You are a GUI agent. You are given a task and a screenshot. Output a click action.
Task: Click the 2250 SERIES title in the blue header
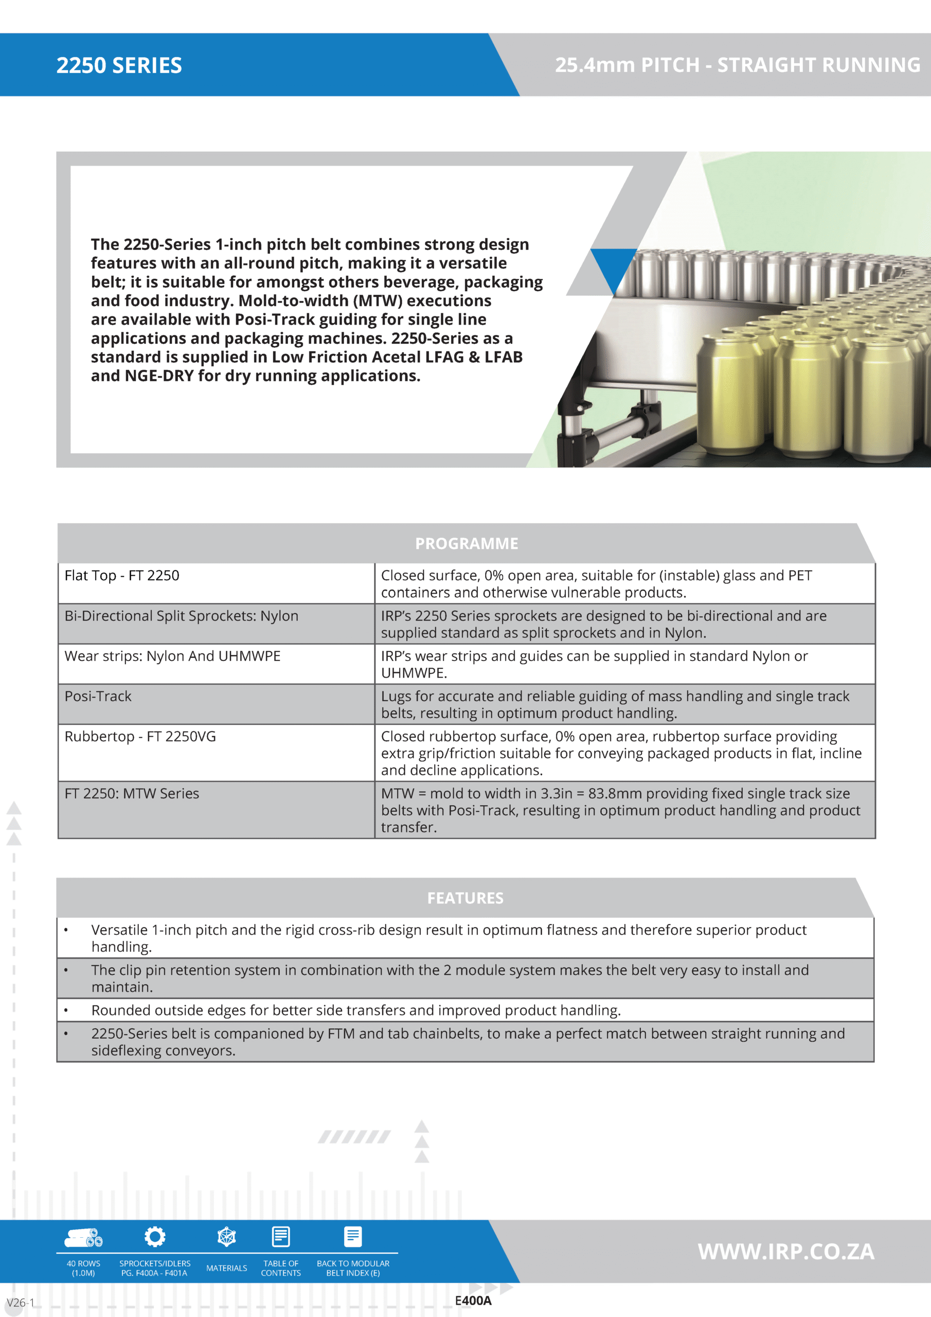pyautogui.click(x=119, y=65)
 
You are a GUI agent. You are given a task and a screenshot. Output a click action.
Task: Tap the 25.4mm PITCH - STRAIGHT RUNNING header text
pyautogui.click(x=737, y=65)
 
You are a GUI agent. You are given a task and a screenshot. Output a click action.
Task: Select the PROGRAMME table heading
pyautogui.click(x=467, y=543)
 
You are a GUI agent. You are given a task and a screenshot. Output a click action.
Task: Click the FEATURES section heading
pyautogui.click(x=465, y=898)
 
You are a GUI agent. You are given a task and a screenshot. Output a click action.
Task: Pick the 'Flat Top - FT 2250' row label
pyautogui.click(x=121, y=575)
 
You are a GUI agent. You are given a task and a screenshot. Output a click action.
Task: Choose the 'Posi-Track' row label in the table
pyautogui.click(x=98, y=696)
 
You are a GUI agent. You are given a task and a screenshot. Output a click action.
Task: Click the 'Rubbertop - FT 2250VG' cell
pyautogui.click(x=140, y=736)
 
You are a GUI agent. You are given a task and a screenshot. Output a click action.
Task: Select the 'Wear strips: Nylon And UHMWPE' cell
pyautogui.click(x=172, y=655)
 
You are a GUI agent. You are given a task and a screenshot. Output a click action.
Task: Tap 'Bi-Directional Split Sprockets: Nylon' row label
pyautogui.click(x=181, y=615)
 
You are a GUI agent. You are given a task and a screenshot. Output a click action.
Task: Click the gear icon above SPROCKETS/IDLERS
pyautogui.click(x=155, y=1237)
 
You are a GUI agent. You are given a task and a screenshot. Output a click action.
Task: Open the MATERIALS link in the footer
pyautogui.click(x=227, y=1268)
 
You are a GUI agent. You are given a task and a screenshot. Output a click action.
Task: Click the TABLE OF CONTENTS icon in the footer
pyautogui.click(x=281, y=1237)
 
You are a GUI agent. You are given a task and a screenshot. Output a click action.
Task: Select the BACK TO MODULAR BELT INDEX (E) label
pyautogui.click(x=353, y=1268)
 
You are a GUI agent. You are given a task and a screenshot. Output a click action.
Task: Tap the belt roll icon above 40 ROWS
pyautogui.click(x=83, y=1238)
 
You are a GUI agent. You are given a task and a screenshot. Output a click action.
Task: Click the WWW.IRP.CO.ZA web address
pyautogui.click(x=786, y=1252)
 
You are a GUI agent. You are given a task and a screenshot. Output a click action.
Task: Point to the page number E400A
pyautogui.click(x=473, y=1301)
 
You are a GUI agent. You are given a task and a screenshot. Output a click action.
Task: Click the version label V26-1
pyautogui.click(x=21, y=1302)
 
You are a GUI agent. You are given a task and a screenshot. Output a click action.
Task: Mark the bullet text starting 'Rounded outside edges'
pyautogui.click(x=355, y=1010)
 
